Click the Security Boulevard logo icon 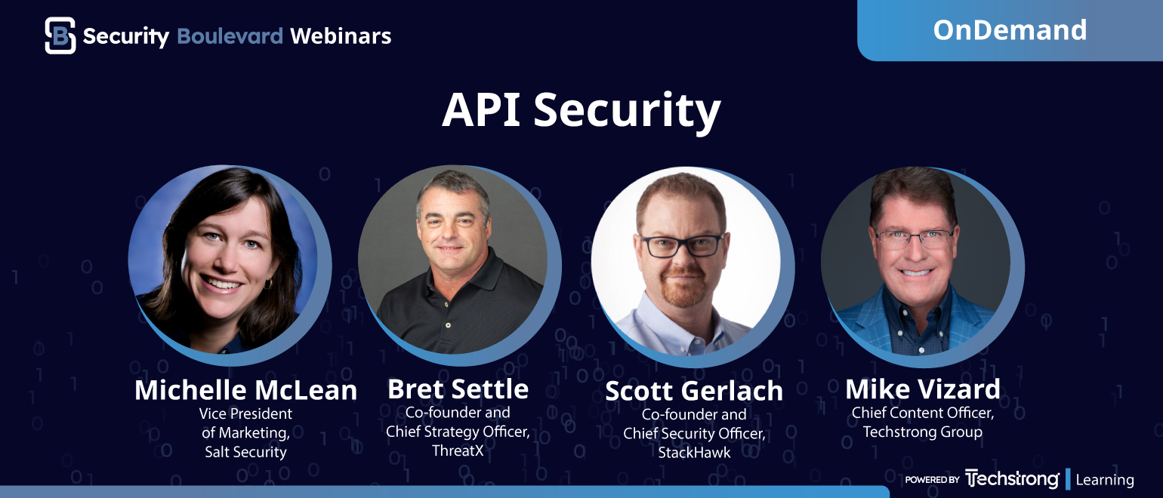[x=60, y=35]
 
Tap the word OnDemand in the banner [x=1010, y=30]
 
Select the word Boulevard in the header [x=230, y=36]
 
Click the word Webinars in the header [x=341, y=36]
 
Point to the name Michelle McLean [x=245, y=390]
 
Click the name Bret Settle [x=458, y=389]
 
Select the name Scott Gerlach [x=694, y=391]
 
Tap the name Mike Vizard [x=923, y=389]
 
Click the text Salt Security [x=245, y=452]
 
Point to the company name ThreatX [x=458, y=450]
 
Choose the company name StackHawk [x=694, y=453]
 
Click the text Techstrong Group [x=923, y=432]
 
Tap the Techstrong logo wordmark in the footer [x=1012, y=479]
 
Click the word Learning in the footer [x=1105, y=480]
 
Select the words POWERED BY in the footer [x=932, y=480]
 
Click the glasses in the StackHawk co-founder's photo [x=682, y=244]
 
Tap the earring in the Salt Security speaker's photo [x=268, y=284]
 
